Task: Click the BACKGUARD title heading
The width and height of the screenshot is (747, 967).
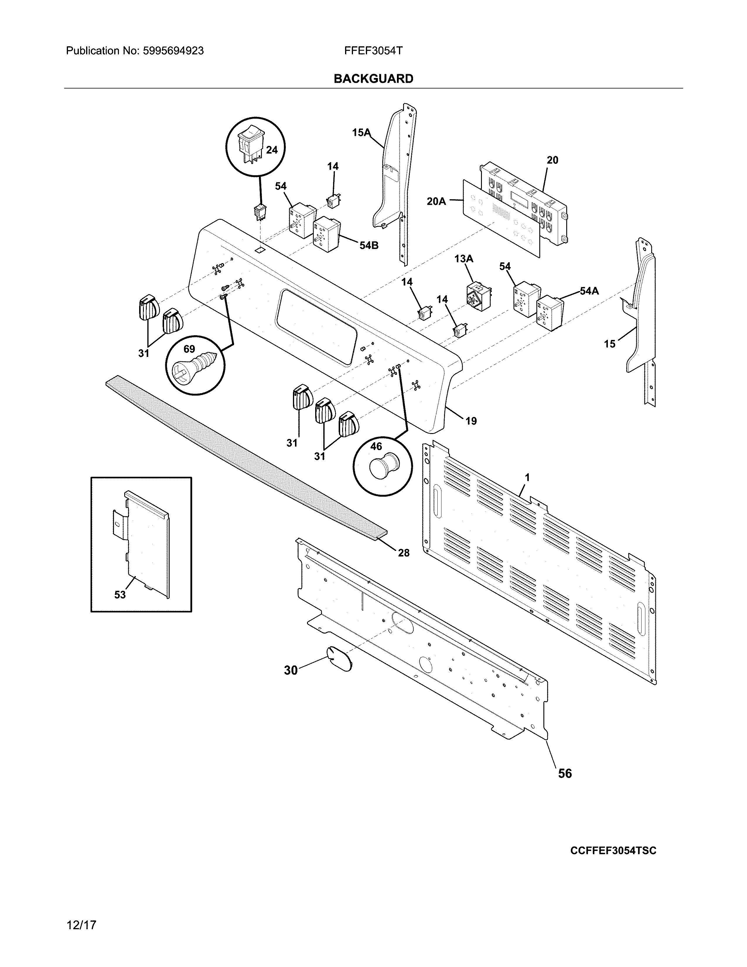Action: [x=373, y=79]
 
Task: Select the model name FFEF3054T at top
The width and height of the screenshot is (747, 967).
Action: [x=373, y=51]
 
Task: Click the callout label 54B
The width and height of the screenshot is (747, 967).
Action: [x=369, y=245]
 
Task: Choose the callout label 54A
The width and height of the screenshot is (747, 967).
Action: [x=589, y=291]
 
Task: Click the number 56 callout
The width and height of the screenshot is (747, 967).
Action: [x=565, y=774]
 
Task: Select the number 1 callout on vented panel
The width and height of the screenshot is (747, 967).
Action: [x=527, y=477]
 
